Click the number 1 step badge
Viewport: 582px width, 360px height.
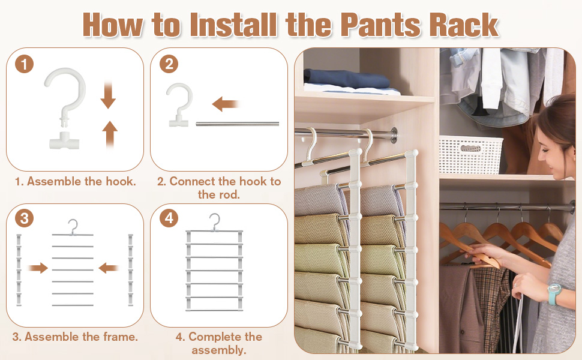coord(25,64)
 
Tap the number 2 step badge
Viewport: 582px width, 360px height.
coord(169,64)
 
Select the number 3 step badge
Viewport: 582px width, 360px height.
coord(25,218)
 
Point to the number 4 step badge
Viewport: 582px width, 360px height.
coord(169,218)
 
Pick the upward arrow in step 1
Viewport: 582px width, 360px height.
coord(110,134)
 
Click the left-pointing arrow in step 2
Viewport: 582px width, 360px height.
coord(225,104)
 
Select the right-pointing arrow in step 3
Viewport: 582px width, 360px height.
coord(38,268)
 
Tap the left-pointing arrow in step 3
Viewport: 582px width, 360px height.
coord(109,268)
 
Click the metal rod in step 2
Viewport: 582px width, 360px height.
coord(237,124)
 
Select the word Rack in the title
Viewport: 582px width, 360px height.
coord(464,25)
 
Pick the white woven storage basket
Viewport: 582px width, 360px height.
coord(470,155)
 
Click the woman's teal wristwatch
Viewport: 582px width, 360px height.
coord(554,293)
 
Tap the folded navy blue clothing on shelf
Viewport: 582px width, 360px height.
coord(347,79)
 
